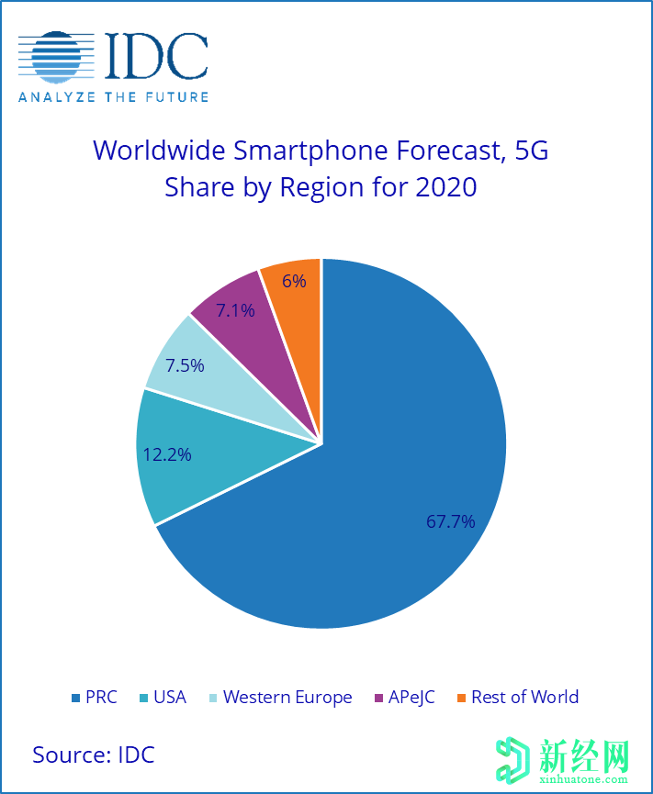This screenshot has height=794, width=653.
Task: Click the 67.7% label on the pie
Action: [x=450, y=521]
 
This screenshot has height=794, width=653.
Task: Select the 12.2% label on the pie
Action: [x=167, y=453]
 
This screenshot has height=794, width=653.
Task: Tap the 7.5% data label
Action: [x=185, y=364]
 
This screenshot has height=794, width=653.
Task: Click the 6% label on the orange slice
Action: [x=294, y=281]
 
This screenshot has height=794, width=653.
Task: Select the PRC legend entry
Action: [x=94, y=698]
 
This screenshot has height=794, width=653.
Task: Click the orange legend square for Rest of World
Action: [x=461, y=699]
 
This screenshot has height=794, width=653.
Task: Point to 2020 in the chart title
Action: [x=446, y=187]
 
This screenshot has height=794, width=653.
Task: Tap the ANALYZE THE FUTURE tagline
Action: [x=114, y=96]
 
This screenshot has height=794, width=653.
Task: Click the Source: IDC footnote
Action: [x=94, y=755]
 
